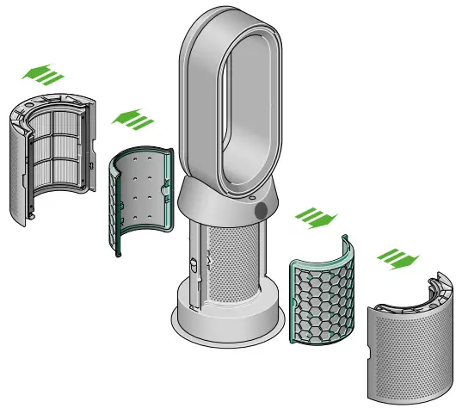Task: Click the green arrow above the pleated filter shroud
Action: (x=44, y=73)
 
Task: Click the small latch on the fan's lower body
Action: (x=194, y=263)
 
